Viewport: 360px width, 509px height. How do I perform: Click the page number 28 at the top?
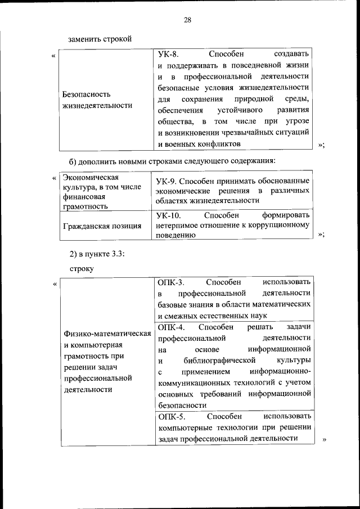(187, 21)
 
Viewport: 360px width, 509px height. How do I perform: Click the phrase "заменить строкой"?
(100, 39)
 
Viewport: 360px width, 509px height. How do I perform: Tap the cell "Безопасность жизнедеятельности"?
(93, 100)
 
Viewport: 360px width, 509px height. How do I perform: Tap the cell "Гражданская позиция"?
(102, 226)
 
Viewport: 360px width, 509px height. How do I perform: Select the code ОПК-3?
(171, 282)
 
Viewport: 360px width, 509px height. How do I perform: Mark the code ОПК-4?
(171, 327)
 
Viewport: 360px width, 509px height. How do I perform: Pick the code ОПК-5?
(171, 416)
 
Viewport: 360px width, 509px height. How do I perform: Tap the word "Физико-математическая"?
(107, 334)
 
